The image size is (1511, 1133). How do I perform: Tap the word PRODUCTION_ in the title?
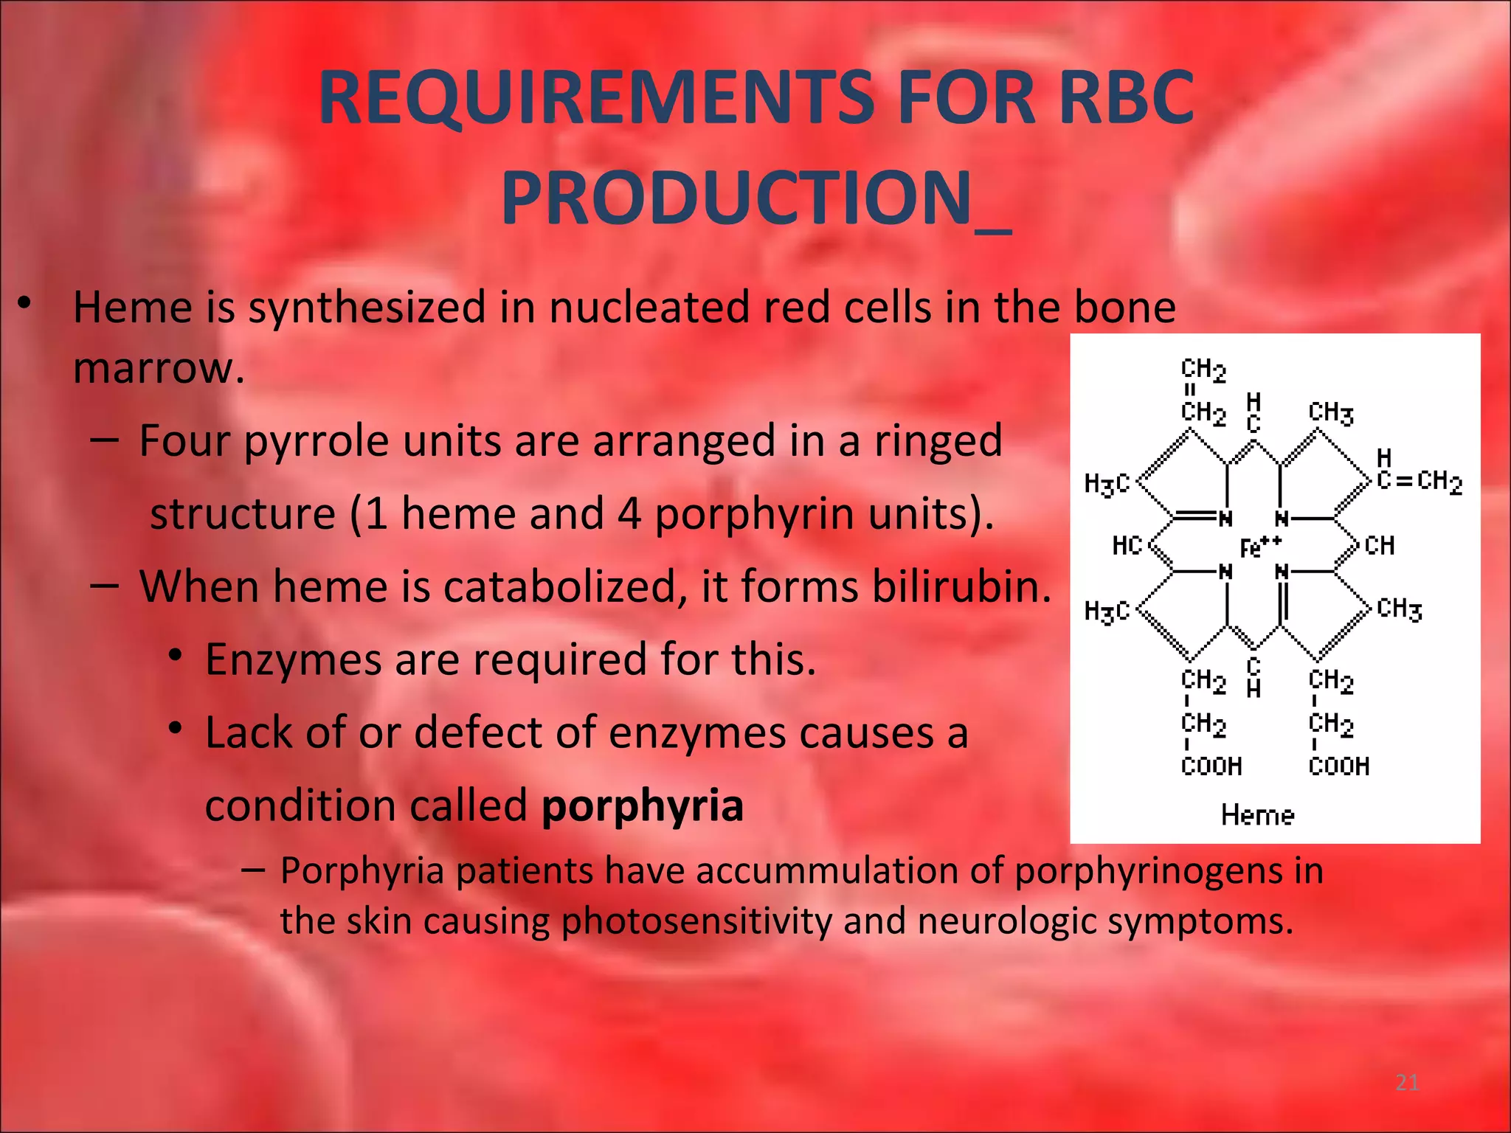(755, 198)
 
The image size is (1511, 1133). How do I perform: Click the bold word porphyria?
(642, 805)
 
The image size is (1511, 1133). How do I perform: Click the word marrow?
(158, 367)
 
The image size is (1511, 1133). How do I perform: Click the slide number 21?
(1407, 1083)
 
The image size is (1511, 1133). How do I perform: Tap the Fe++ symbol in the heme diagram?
(1260, 547)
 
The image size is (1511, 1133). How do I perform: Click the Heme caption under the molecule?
(1257, 815)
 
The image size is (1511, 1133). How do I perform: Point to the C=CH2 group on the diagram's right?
(1418, 481)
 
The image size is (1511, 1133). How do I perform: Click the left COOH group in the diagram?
(1211, 766)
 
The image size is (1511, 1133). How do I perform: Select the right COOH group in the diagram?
(1338, 766)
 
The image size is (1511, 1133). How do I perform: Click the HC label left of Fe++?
(1127, 546)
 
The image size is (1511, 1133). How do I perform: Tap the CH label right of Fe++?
(1379, 546)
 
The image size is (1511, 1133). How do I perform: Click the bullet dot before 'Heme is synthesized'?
(24, 302)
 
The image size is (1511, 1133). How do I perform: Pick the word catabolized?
(542, 586)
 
